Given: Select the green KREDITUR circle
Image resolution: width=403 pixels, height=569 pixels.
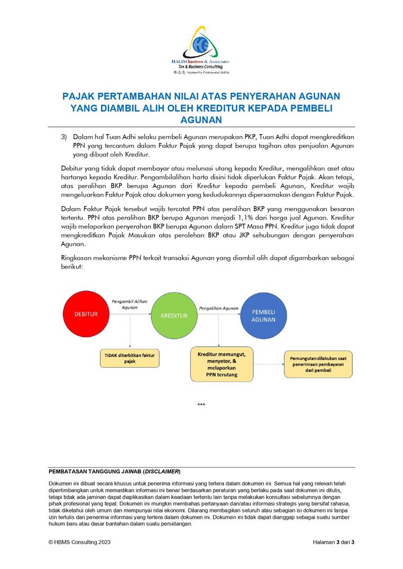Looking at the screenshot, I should click(x=174, y=315).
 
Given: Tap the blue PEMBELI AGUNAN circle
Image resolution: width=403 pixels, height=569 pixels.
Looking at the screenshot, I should click(x=263, y=315).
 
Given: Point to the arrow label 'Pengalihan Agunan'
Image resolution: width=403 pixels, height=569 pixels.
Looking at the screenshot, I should click(x=218, y=308).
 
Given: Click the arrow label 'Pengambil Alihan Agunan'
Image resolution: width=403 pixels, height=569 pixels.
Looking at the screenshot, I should click(x=129, y=304).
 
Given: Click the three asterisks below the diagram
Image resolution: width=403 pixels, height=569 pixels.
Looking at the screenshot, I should click(x=201, y=405).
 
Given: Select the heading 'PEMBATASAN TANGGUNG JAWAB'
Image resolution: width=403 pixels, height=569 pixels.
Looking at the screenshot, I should click(x=95, y=471).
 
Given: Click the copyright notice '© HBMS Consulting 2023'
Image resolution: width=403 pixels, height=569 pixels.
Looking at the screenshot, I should click(x=80, y=542).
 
